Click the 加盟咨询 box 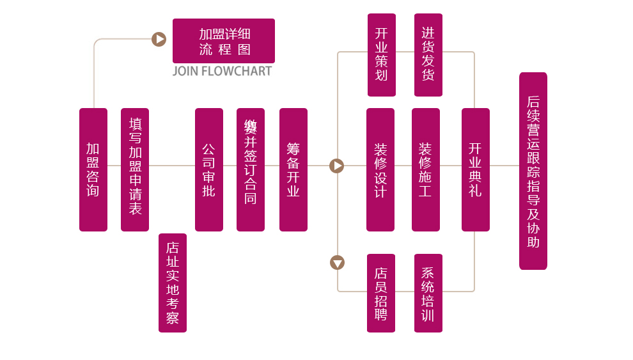tap(93, 169)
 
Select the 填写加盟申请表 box tap(135, 169)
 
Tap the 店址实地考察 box tap(173, 283)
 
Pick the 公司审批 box tap(209, 169)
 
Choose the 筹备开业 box tap(293, 169)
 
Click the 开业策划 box tap(382, 55)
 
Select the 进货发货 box tap(428, 55)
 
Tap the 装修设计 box tap(380, 169)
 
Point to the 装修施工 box tap(426, 169)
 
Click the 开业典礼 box tap(476, 169)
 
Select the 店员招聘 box tap(381, 293)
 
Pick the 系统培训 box tap(428, 293)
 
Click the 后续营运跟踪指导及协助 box tap(533, 171)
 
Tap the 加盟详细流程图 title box tap(224, 41)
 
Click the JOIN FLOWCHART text tap(222, 71)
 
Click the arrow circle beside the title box tap(159, 40)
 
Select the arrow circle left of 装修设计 tap(337, 166)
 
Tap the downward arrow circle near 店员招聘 tap(337, 262)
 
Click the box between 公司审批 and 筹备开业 tap(251, 169)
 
